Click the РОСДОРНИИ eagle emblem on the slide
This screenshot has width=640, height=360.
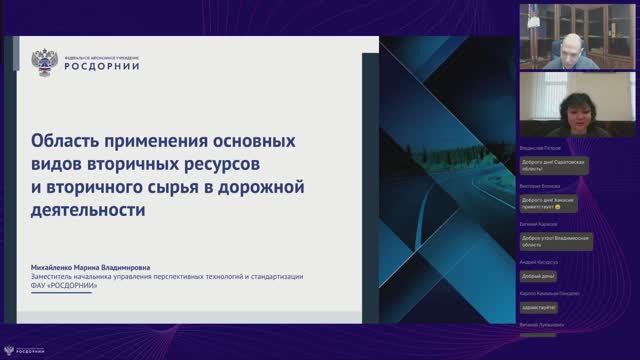point(45,63)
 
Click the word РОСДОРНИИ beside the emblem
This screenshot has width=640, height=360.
point(102,68)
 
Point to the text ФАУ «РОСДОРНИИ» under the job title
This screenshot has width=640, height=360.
point(66,285)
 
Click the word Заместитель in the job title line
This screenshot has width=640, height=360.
point(58,276)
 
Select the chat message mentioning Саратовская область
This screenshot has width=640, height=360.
point(553,165)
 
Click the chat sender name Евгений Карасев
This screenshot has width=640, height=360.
point(540,225)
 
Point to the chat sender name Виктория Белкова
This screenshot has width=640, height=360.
point(540,187)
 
